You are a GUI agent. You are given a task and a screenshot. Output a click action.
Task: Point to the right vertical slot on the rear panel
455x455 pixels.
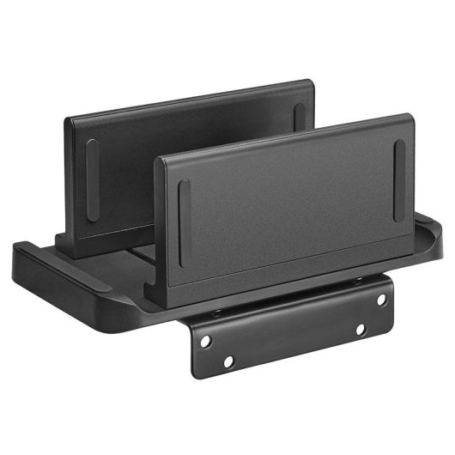click(x=299, y=118)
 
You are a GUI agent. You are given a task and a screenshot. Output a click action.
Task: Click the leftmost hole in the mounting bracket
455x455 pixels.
click(x=205, y=342)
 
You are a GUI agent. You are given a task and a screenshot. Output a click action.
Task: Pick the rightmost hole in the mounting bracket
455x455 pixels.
click(x=381, y=300)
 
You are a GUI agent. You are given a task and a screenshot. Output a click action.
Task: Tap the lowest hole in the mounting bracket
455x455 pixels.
click(x=227, y=361)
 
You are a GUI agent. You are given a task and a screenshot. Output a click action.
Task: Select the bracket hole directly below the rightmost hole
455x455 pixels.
click(x=360, y=329)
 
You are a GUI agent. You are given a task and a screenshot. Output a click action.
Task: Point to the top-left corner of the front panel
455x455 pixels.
click(x=158, y=161)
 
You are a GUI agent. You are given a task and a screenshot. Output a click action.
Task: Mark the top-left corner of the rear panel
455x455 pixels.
click(x=67, y=119)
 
